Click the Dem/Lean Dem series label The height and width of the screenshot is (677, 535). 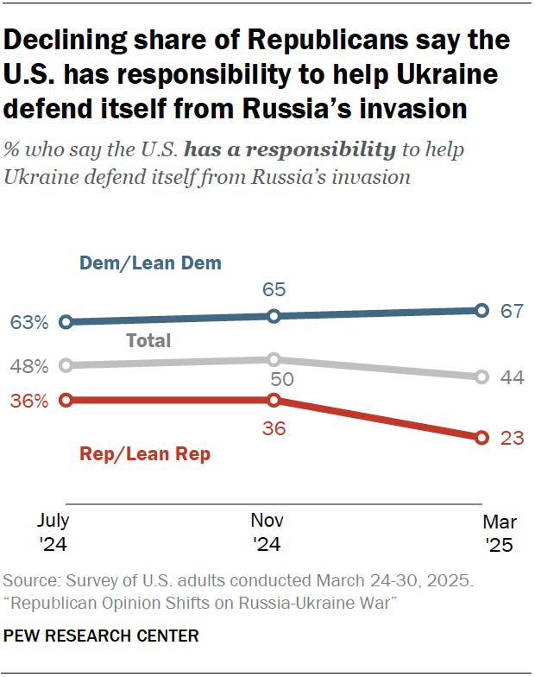coord(150,263)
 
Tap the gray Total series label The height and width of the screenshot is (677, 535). coord(148,340)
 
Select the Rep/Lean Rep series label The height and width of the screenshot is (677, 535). coord(144,454)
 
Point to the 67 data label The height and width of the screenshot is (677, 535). coord(513,311)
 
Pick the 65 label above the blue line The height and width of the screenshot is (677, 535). coord(274,289)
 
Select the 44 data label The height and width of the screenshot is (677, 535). coord(513,377)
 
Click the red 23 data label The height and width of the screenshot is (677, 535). coord(513,438)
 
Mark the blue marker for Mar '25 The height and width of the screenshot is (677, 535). coord(482,311)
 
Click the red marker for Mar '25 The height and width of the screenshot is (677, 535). coord(482,437)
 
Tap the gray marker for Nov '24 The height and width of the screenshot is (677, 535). coord(274,359)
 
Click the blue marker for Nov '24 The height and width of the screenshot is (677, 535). coord(274,316)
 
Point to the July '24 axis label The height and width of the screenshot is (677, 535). coord(53,533)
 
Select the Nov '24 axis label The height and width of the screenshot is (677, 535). coord(267,533)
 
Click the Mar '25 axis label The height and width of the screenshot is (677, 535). coord(499,533)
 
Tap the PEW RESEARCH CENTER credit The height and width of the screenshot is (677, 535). coord(102,636)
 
